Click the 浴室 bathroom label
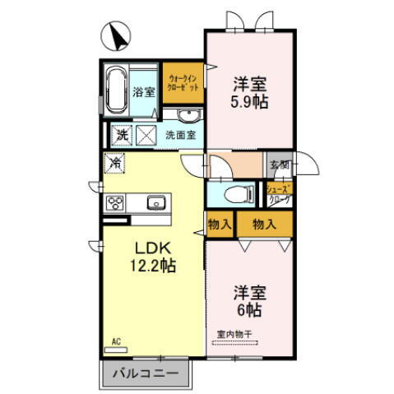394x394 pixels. point(144,92)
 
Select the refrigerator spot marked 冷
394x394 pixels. point(115,164)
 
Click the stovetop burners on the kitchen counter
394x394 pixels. point(114,203)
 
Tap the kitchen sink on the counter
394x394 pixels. point(155,202)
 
